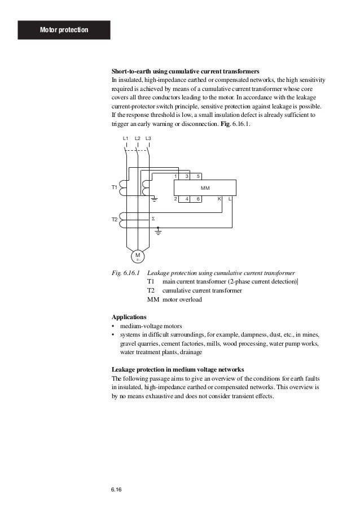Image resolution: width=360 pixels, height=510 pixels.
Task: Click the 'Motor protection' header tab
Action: pos(64,29)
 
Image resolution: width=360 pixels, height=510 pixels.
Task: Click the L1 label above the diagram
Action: pos(126,138)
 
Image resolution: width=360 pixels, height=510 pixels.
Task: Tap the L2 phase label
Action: pos(137,138)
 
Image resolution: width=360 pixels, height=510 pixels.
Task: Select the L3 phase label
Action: pos(148,138)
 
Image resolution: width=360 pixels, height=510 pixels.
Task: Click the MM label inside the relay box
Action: pos(205,188)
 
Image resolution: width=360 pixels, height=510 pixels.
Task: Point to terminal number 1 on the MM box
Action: pos(175,176)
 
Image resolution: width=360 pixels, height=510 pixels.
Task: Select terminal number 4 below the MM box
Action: pos(187,199)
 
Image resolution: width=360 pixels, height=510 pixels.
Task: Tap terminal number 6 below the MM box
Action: pos(198,199)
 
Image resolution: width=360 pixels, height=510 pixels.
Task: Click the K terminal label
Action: pos(219,199)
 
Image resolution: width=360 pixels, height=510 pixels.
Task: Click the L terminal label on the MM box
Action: pos(230,199)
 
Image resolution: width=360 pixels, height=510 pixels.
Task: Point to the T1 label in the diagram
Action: pos(114,187)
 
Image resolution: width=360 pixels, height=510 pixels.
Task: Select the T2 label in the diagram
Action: pos(114,219)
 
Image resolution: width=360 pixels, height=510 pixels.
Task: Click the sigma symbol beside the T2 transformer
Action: pos(153,218)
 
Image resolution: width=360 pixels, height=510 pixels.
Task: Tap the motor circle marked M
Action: pos(137,257)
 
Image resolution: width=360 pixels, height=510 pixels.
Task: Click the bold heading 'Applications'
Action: pos(129,317)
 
